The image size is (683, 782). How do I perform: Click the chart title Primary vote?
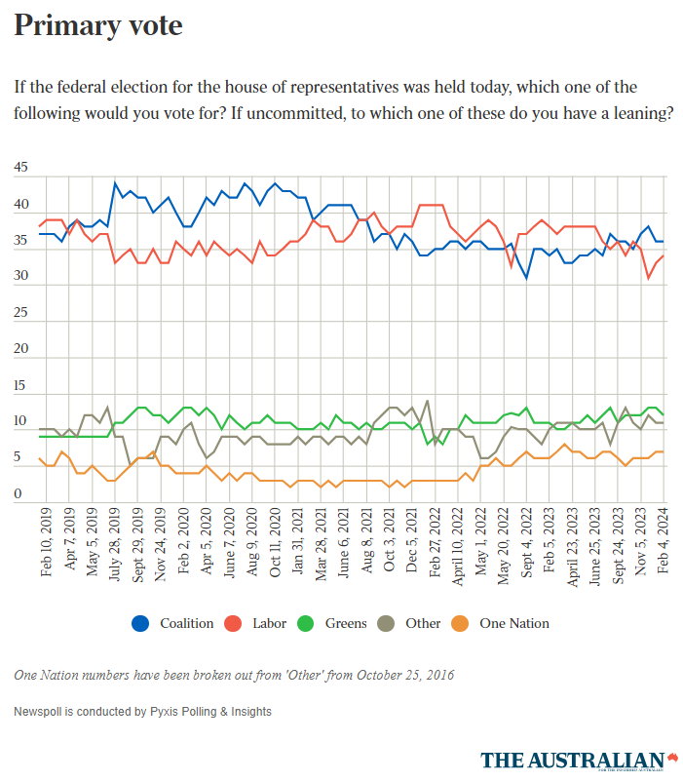point(98,26)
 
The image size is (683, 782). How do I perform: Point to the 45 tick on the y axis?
point(21,169)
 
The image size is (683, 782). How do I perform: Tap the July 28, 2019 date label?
point(115,543)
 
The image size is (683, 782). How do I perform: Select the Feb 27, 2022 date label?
point(436,543)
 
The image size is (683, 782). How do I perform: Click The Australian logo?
point(579,760)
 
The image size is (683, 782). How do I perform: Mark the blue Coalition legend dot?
point(139,623)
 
